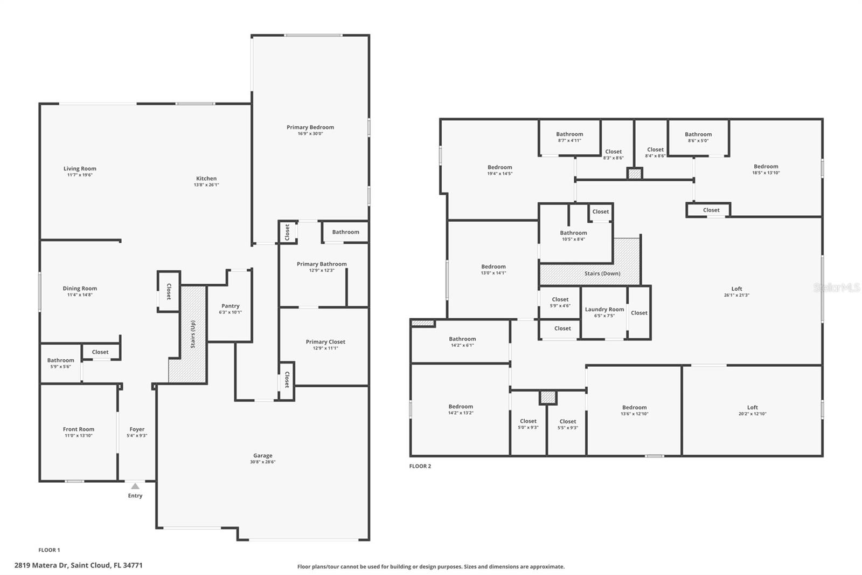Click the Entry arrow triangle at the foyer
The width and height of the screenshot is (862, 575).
[x=135, y=486]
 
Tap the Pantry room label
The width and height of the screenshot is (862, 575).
[x=231, y=306]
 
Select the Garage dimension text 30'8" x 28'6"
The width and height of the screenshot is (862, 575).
[x=263, y=462]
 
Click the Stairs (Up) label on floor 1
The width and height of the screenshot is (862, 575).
[x=193, y=334]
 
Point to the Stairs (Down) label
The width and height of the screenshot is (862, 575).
[x=602, y=273]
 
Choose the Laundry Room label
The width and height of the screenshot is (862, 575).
[x=604, y=309]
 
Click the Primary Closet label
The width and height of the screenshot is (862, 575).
[x=325, y=342]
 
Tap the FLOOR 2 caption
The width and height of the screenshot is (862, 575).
[x=420, y=466]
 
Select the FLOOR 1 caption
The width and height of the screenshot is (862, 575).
[x=49, y=550]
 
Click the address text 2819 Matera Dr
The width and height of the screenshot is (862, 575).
[x=41, y=565]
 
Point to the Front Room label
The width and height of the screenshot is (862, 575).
[x=79, y=429]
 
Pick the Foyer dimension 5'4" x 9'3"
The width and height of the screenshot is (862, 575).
[x=137, y=435]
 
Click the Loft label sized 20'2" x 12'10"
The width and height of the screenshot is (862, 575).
[x=752, y=407]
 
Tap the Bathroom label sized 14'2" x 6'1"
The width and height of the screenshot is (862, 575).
[x=462, y=339]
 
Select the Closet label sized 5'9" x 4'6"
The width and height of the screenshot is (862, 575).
[x=560, y=299]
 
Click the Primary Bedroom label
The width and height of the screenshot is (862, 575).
[x=310, y=127]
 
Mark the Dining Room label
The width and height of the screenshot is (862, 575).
[x=80, y=288]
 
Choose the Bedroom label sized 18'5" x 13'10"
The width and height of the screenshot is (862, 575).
[x=766, y=167]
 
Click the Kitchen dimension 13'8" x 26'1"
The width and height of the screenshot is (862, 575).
[x=206, y=184]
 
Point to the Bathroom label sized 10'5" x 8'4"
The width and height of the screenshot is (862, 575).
[x=573, y=233]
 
